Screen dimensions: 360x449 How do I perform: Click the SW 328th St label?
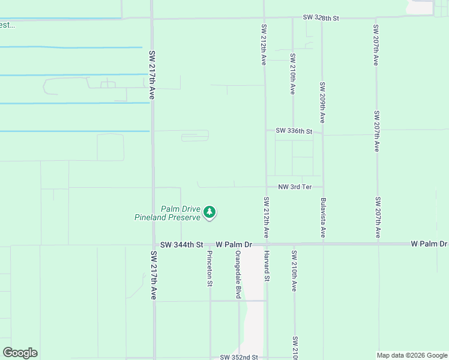click(321, 18)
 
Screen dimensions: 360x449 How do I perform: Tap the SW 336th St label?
click(294, 131)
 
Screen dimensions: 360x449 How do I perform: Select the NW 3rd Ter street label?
click(295, 187)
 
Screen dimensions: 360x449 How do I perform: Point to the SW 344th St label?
click(182, 245)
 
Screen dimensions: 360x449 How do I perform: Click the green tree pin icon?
click(209, 212)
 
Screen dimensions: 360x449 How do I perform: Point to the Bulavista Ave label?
click(323, 217)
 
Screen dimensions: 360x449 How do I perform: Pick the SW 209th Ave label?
click(322, 103)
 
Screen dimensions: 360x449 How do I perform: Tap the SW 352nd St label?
click(238, 357)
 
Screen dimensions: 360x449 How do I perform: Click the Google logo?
click(20, 353)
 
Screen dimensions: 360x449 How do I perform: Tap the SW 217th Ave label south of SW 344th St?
click(152, 275)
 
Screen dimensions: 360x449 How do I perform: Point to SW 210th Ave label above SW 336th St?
click(293, 74)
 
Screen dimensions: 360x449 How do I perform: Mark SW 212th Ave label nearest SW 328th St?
click(264, 44)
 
